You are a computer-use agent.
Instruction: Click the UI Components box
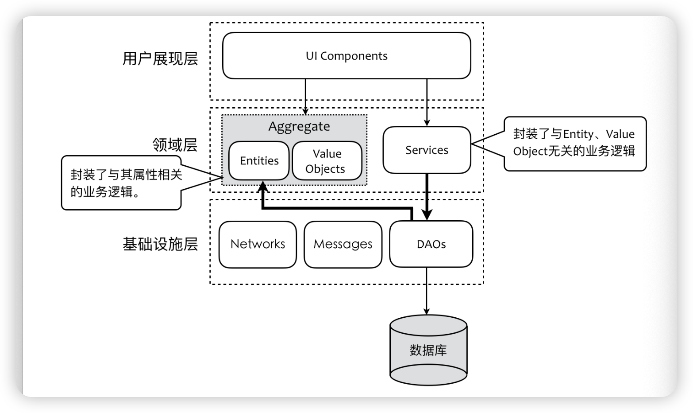[x=346, y=56]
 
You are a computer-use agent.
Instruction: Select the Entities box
[x=259, y=160]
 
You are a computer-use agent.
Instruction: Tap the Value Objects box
[x=327, y=160]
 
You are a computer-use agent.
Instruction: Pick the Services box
[x=427, y=150]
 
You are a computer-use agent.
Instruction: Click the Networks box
[x=258, y=244]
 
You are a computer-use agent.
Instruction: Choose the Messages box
[x=343, y=244]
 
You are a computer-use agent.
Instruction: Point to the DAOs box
[x=431, y=244]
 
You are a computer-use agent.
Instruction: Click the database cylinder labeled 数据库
[x=428, y=350]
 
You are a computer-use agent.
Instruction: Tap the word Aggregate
[x=299, y=127]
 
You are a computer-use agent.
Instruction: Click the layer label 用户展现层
[x=160, y=58]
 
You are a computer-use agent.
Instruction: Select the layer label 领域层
[x=175, y=145]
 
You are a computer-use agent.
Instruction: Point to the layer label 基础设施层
[x=160, y=244]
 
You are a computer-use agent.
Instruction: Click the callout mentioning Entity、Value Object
[x=574, y=143]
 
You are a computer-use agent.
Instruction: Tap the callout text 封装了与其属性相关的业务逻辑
[x=126, y=183]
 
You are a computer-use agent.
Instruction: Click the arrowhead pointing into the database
[x=427, y=312]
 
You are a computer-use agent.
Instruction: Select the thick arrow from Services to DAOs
[x=427, y=197]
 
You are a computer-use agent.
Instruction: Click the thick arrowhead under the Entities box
[x=263, y=186]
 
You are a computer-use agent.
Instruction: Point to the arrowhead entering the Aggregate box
[x=305, y=112]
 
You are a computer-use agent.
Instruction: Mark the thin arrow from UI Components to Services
[x=427, y=102]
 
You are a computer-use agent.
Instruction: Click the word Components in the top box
[x=354, y=56]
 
